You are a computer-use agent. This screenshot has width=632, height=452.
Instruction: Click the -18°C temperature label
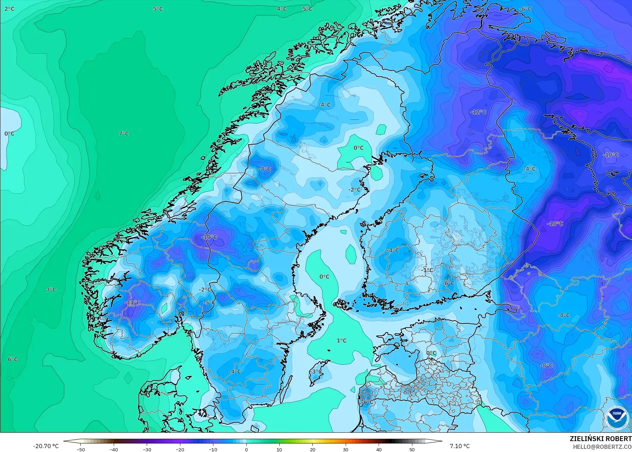pyautogui.click(x=555, y=223)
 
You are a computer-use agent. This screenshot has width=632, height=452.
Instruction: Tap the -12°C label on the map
pyautogui.click(x=479, y=112)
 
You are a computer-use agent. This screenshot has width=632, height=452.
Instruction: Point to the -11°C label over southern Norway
pyautogui.click(x=133, y=302)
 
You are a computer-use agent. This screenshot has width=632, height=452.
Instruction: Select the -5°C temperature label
pyautogui.click(x=209, y=302)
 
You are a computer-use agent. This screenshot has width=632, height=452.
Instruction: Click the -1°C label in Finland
pyautogui.click(x=427, y=270)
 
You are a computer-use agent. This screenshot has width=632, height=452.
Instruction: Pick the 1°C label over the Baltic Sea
pyautogui.click(x=341, y=340)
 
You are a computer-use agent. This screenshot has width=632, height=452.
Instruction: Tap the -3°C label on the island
pyautogui.click(x=317, y=371)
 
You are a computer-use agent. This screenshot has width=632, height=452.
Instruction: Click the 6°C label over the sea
pyautogui.click(x=13, y=359)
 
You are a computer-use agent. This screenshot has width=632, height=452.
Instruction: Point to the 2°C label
pyautogui.click(x=9, y=9)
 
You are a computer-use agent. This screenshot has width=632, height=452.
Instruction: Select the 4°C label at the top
pyautogui.click(x=281, y=9)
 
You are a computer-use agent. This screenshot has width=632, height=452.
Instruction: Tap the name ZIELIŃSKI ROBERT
pyautogui.click(x=601, y=439)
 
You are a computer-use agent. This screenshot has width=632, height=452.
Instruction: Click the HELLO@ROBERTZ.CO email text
pyautogui.click(x=603, y=447)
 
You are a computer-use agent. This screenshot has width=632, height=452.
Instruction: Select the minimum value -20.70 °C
pyautogui.click(x=46, y=446)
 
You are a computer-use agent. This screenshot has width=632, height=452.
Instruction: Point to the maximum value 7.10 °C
pyautogui.click(x=460, y=446)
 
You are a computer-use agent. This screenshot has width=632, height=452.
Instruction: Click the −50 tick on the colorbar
pyautogui.click(x=81, y=449)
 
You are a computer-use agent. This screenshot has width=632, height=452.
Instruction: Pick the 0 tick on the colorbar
pyautogui.click(x=246, y=449)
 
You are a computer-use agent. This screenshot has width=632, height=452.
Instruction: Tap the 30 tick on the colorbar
pyautogui.click(x=346, y=449)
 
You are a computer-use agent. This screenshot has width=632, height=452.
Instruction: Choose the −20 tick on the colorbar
pyautogui.click(x=180, y=449)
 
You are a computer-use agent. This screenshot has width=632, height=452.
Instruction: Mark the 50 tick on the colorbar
pyautogui.click(x=412, y=449)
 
